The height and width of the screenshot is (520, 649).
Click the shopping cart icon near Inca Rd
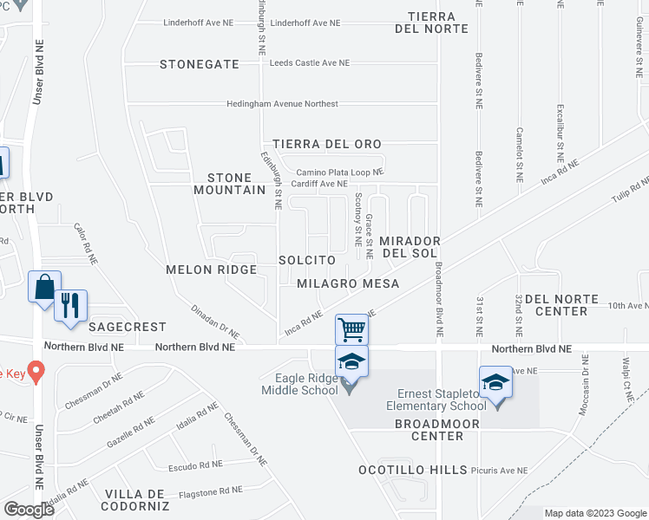351,328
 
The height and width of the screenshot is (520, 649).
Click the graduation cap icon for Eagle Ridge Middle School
352,361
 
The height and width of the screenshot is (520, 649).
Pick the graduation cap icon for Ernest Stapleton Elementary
495,381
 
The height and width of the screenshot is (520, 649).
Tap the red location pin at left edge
36,371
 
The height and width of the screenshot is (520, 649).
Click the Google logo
29,509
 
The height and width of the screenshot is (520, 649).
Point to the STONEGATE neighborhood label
199,64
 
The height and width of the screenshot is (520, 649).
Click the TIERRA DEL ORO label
326,144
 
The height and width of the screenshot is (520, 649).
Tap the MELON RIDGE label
212,270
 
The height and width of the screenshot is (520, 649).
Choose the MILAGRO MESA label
348,283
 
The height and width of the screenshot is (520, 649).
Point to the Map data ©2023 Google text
595,513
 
